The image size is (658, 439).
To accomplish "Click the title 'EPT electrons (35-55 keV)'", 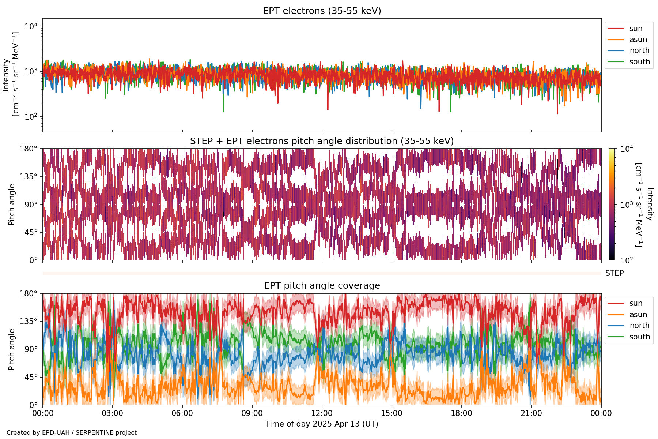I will pyautogui.click(x=322, y=11).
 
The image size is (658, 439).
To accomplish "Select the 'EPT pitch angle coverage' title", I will pyautogui.click(x=322, y=286).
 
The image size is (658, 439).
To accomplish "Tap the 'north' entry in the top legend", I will pyautogui.click(x=639, y=50).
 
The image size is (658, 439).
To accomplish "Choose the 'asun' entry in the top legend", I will pyautogui.click(x=638, y=40).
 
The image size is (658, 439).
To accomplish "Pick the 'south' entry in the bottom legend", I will pyautogui.click(x=639, y=337).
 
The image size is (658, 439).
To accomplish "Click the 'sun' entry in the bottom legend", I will pyautogui.click(x=636, y=303).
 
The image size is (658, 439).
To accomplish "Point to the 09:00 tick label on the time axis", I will pyautogui.click(x=252, y=413).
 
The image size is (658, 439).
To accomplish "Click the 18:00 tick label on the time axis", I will pyautogui.click(x=462, y=413).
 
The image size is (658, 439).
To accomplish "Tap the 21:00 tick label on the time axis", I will pyautogui.click(x=531, y=413).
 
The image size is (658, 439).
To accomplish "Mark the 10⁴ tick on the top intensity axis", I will pyautogui.click(x=31, y=26).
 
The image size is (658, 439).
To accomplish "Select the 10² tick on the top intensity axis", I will pyautogui.click(x=31, y=117).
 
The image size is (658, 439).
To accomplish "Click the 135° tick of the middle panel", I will pyautogui.click(x=31, y=177).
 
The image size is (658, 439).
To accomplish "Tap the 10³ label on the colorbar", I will pyautogui.click(x=627, y=205).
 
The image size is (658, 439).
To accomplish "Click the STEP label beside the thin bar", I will pyautogui.click(x=614, y=273).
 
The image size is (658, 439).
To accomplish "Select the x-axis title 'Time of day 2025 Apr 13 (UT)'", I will pyautogui.click(x=322, y=424).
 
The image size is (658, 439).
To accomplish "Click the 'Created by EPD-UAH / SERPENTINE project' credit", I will pyautogui.click(x=72, y=433).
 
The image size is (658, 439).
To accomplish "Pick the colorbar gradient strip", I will pyautogui.click(x=612, y=204).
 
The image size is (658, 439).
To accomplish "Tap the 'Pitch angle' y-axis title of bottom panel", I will pyautogui.click(x=12, y=349).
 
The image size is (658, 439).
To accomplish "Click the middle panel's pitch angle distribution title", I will pyautogui.click(x=322, y=141).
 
